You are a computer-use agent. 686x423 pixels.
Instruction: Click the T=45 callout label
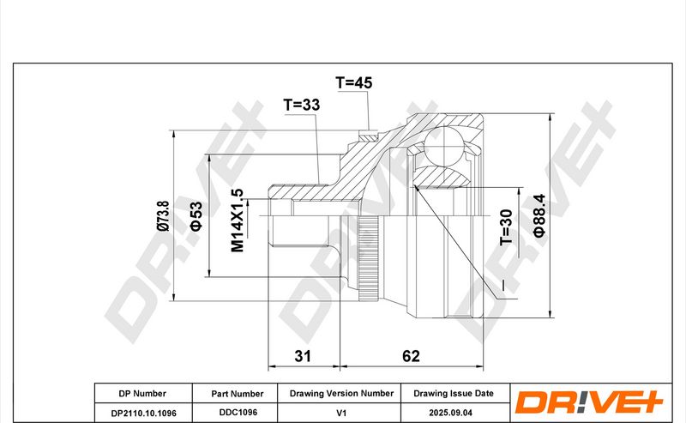point(353,82)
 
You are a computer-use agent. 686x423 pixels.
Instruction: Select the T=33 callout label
point(302,105)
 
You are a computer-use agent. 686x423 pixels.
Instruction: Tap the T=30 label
point(506,227)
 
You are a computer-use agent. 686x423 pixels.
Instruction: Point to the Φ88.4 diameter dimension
point(539,215)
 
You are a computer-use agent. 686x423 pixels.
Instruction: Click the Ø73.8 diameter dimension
point(163,215)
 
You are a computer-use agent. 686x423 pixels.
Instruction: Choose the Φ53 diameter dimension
point(196,216)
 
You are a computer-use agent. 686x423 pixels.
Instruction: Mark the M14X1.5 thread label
point(238,221)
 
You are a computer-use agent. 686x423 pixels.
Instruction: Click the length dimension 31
point(303,356)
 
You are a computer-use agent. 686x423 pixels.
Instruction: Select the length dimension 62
point(411,356)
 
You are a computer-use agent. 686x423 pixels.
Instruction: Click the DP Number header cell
point(142,393)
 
